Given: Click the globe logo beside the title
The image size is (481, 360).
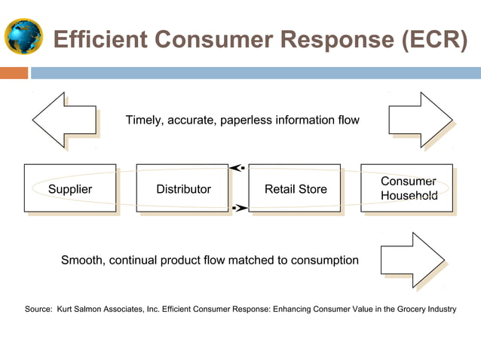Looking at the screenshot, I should (24, 35).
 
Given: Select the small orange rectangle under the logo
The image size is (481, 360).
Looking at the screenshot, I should (14, 73).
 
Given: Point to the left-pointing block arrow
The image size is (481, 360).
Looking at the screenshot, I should (65, 121).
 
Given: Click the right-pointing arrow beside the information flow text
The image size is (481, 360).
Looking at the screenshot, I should (419, 121).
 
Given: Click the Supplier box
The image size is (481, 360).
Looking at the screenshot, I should (70, 188).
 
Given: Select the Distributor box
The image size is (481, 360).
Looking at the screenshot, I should (182, 188).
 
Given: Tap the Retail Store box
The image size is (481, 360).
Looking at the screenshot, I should (295, 188).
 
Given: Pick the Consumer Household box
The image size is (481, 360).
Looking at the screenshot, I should (407, 188).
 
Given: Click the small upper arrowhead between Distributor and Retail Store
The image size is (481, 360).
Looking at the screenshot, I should (237, 168).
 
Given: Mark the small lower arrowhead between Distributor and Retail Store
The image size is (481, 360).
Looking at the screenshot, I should (237, 207).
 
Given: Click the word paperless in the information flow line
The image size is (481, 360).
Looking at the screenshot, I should (247, 121).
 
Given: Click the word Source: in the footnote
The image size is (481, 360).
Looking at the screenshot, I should (38, 310).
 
